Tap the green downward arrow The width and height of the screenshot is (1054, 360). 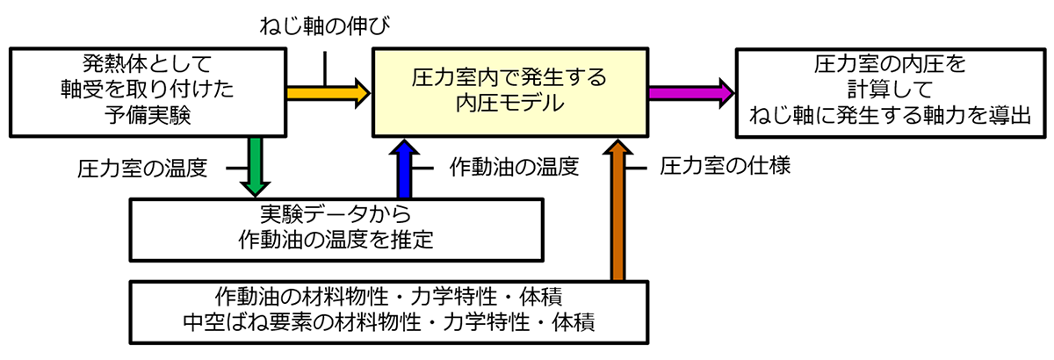tap(254, 167)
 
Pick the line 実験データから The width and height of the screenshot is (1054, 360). tap(336, 215)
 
